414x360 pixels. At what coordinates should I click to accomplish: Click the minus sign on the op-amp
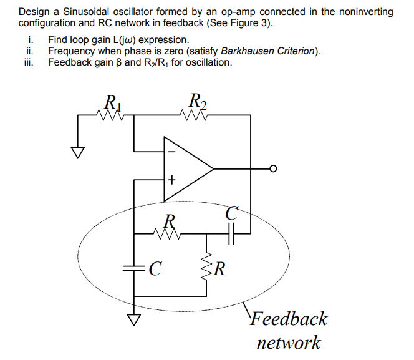pyautogui.click(x=171, y=151)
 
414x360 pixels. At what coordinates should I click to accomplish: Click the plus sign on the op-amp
pyautogui.click(x=171, y=181)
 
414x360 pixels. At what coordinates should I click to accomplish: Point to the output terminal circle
pyautogui.click(x=272, y=168)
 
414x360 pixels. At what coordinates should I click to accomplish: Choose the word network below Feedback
pyautogui.click(x=289, y=342)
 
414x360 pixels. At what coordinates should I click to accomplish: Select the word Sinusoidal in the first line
pyautogui.click(x=85, y=12)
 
